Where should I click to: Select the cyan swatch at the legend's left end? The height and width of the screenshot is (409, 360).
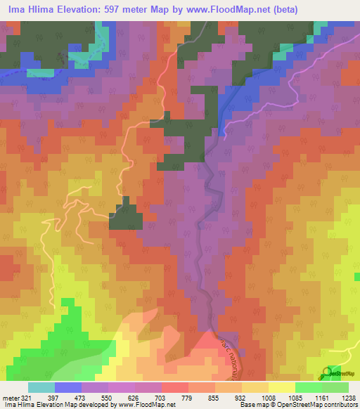tap(41, 387)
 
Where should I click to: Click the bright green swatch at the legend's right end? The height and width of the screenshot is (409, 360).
tap(335, 387)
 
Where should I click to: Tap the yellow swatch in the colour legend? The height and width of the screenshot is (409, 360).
tap(281, 387)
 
